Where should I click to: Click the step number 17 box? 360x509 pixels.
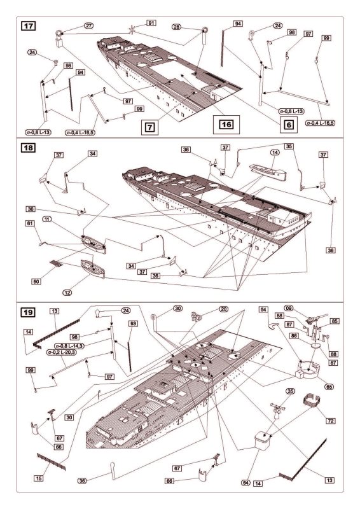coord(28,27)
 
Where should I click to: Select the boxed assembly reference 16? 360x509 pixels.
coord(226,125)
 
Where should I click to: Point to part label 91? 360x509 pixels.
coord(151,24)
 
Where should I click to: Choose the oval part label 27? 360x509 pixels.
coord(88,25)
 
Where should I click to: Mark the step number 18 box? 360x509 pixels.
coord(28,148)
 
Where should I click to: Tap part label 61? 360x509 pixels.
coord(29,223)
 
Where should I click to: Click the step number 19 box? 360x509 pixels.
coord(28,313)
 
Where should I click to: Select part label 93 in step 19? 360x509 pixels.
coord(133,323)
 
